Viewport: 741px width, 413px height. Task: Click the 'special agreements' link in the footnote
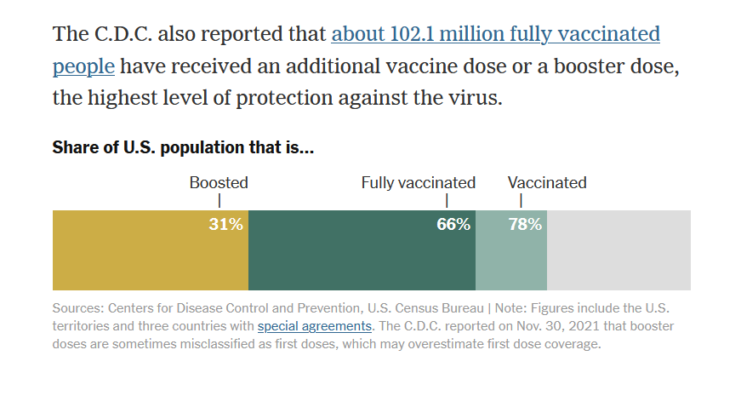click(314, 326)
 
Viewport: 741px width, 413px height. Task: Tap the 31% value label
click(226, 224)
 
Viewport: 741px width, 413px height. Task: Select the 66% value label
click(453, 224)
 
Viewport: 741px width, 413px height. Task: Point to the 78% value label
click(525, 224)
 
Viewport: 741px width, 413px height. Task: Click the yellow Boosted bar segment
click(151, 250)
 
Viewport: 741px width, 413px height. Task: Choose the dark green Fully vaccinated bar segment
click(362, 250)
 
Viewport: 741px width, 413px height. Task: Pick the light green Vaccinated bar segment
click(511, 250)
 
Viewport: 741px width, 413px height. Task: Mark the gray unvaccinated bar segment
click(619, 250)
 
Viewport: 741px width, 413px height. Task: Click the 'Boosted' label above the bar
click(219, 182)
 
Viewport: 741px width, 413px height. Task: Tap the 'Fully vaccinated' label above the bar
click(419, 182)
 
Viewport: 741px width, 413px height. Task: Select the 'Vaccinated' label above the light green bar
click(547, 182)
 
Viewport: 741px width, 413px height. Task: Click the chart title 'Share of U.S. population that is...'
click(183, 147)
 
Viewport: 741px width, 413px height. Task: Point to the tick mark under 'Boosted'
click(219, 201)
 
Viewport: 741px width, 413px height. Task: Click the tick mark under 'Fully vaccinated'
click(447, 201)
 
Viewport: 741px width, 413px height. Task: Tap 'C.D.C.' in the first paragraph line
click(123, 34)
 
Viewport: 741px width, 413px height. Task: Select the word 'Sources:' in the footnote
click(78, 308)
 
